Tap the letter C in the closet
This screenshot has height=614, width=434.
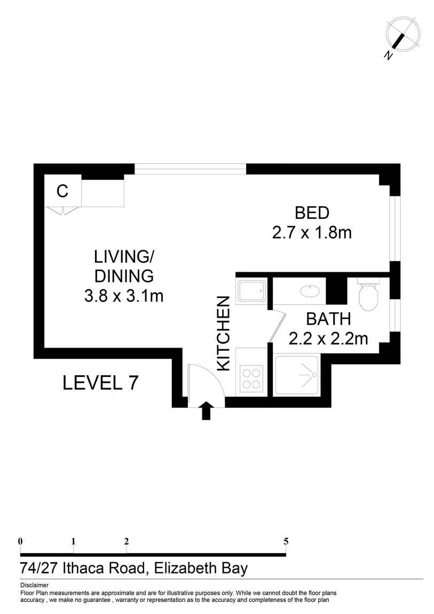[62, 191]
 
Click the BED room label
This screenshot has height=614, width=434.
[312, 214]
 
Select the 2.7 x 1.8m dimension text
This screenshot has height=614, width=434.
[312, 233]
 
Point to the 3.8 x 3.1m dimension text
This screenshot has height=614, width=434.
[123, 295]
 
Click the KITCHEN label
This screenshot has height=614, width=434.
[223, 333]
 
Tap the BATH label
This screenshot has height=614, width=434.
[328, 319]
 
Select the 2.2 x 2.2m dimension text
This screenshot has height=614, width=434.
[328, 339]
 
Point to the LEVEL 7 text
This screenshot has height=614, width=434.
[101, 383]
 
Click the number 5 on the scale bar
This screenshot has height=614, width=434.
[286, 541]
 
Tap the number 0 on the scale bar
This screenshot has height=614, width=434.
[20, 541]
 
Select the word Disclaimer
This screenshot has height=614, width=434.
[34, 585]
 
